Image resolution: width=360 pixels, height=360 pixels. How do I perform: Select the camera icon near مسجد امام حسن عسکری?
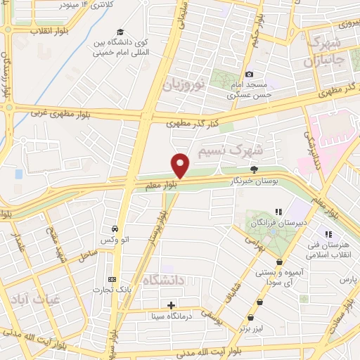[249, 74]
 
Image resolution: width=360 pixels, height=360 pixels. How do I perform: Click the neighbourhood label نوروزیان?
[184, 86]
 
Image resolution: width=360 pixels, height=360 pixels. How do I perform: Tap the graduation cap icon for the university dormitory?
[120, 32]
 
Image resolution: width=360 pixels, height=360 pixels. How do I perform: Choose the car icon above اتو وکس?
[114, 229]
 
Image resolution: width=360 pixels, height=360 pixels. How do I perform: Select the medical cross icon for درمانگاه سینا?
[172, 304]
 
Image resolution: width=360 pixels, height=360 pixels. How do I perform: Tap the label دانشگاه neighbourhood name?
[163, 280]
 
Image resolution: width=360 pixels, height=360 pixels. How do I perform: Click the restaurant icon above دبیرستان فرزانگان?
[278, 211]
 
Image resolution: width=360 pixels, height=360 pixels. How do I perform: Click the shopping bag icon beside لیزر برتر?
[259, 302]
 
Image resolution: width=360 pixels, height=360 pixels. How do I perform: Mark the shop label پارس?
[345, 280]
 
